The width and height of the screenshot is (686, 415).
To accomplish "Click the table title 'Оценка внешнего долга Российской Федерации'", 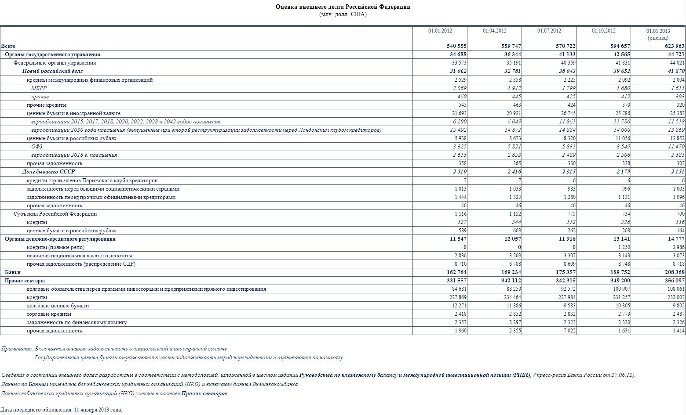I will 343,7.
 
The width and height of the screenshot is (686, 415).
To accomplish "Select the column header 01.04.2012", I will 494,31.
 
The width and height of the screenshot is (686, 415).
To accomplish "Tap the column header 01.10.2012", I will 603,31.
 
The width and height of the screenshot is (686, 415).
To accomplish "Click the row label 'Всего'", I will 8,46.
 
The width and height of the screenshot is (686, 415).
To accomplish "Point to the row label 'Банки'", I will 13,272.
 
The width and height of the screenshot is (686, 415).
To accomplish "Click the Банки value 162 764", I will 456,272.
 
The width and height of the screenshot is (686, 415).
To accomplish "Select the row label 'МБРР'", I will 39,88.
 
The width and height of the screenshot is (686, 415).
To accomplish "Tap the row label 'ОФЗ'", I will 36,147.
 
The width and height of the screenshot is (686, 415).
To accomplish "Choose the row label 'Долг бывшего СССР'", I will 48,172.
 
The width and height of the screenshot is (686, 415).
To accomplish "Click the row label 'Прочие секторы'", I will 25,281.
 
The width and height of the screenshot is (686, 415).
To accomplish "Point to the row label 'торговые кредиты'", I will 49,314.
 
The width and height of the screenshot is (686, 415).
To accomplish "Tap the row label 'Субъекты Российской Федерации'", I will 55,214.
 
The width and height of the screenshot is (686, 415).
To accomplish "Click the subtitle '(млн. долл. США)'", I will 343,14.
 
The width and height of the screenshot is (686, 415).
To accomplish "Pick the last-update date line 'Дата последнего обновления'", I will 61,410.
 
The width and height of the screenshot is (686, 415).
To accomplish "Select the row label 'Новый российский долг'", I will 52,71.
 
